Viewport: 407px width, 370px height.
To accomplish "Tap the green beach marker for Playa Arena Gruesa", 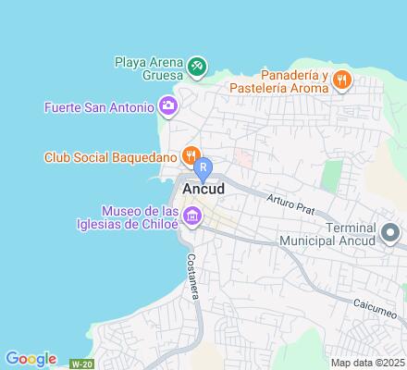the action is [197, 66].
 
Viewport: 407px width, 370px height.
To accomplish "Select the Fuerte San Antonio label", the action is [98, 106].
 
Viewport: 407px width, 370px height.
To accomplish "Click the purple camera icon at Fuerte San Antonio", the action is [167, 106].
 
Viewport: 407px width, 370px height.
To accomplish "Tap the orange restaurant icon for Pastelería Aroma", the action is [342, 79].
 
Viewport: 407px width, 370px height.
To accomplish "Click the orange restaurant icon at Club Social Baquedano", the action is [191, 154].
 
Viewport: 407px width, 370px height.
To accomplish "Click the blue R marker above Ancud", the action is [203, 167].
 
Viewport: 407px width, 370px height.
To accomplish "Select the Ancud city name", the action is [203, 188].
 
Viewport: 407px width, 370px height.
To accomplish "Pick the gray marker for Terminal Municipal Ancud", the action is [390, 230].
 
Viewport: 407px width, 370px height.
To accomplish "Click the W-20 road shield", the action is [83, 363].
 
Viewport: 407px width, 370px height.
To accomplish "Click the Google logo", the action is [31, 359].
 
